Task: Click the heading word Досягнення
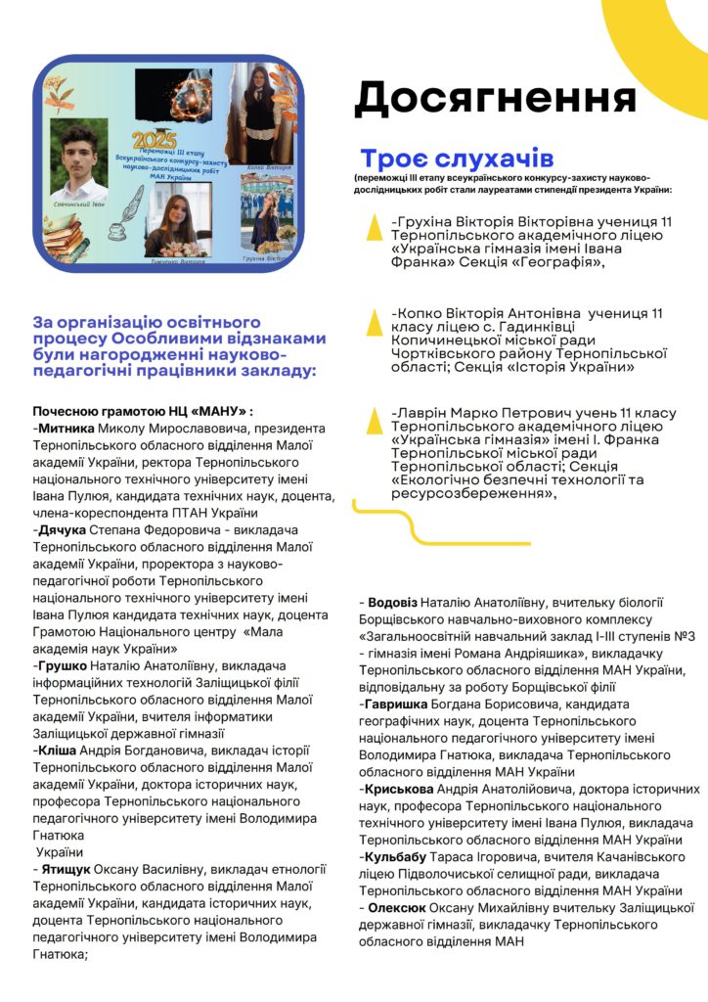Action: (495, 99)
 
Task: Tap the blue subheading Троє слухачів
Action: (457, 159)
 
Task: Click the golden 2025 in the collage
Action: (155, 140)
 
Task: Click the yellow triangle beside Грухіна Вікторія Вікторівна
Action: (373, 227)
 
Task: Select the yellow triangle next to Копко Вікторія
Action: (373, 320)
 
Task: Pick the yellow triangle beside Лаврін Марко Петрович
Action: (373, 420)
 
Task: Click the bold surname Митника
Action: (66, 428)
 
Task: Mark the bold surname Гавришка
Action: (398, 704)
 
